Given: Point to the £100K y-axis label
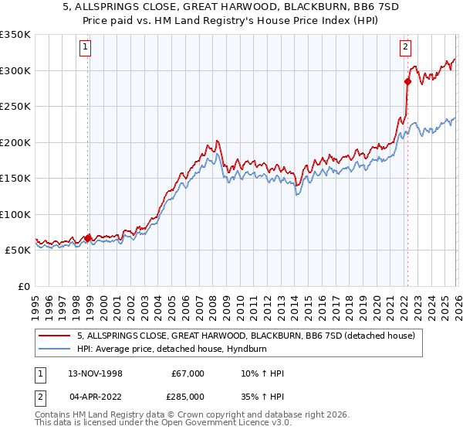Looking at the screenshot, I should pyautogui.click(x=15, y=214).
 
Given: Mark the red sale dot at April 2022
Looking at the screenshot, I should pyautogui.click(x=407, y=80).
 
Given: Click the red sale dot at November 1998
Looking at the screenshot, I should pyautogui.click(x=88, y=237).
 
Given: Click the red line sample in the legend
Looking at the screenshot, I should pyautogui.click(x=56, y=336).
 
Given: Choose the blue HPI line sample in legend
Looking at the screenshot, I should pyautogui.click(x=56, y=349).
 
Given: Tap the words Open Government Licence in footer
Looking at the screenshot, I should pyautogui.click(x=216, y=423).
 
